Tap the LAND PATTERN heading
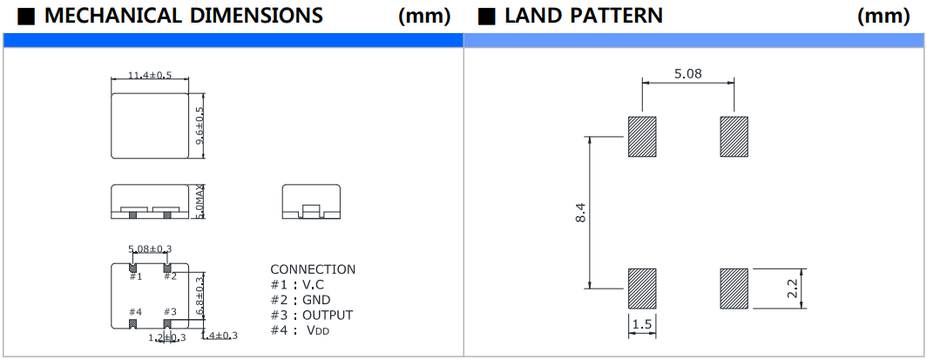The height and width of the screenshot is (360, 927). [x=584, y=16]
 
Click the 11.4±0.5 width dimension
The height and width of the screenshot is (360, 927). [x=150, y=77]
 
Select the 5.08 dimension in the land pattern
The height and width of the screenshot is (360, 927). [x=687, y=74]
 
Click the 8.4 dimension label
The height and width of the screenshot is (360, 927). [x=580, y=211]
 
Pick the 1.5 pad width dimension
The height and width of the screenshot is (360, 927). [x=641, y=325]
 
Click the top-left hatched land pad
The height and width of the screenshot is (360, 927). [x=642, y=136]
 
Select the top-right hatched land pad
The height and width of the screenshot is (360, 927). [x=734, y=136]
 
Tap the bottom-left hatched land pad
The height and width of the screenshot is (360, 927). [x=642, y=288]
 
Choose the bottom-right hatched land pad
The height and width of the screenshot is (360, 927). [x=734, y=288]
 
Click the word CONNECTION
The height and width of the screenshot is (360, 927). [x=313, y=269]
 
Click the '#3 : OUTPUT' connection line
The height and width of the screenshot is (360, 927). [x=312, y=315]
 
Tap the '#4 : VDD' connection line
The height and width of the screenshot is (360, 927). [x=301, y=330]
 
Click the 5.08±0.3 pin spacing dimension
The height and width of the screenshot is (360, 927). [x=150, y=249]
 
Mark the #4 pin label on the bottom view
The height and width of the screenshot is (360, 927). [x=135, y=311]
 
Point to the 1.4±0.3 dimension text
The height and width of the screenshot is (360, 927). [x=220, y=336]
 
